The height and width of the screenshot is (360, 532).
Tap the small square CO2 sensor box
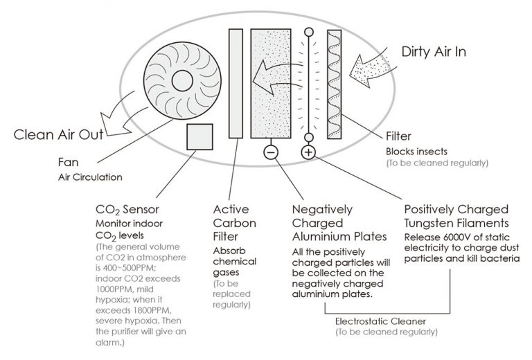[200, 136]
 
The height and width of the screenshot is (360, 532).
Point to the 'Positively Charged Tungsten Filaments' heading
[455, 216]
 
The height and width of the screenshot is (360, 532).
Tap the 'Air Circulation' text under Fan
[90, 177]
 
